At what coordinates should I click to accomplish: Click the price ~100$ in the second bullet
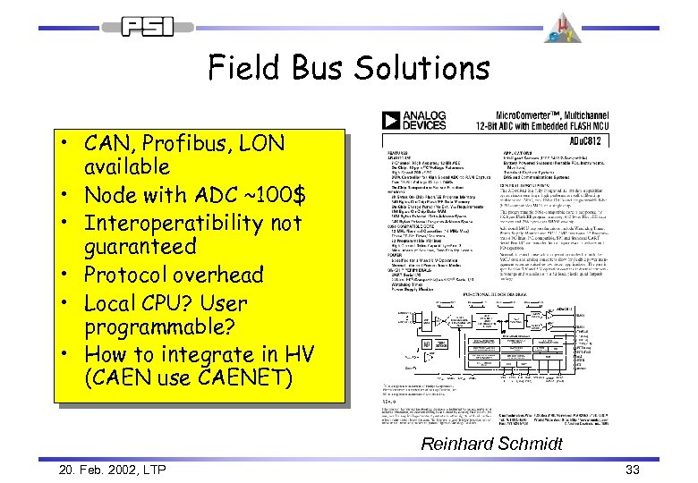(268, 194)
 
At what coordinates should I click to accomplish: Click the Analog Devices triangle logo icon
(390, 121)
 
